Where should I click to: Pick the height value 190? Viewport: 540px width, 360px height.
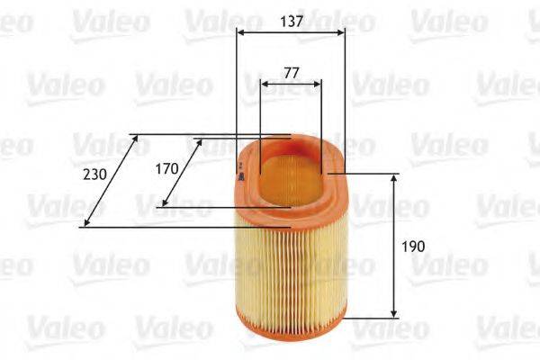tap(416, 245)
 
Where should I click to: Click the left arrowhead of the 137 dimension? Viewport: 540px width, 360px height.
tap(240, 32)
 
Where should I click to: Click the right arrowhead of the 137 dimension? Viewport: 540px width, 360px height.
tap(341, 32)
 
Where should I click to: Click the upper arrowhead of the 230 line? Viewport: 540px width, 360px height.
tap(133, 139)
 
